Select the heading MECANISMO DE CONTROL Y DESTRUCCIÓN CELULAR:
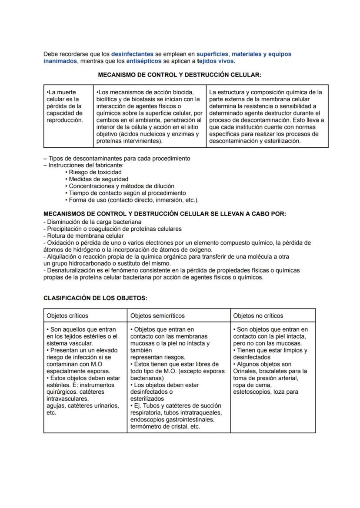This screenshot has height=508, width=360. pos(180,75)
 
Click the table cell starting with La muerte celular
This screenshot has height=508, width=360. pos(64,106)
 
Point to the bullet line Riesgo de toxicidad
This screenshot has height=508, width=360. pos(95,172)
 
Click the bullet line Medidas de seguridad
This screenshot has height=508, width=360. pos(98,179)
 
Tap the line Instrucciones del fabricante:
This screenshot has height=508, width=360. pos(86,165)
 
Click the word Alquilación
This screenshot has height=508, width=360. pos(62,256)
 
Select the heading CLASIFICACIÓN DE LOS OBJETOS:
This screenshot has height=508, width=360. pos(95,298)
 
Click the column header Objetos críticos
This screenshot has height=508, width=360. pos(67,315)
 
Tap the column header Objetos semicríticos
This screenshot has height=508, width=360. pos(157,315)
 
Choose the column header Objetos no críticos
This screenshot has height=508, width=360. pos(258,315)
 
